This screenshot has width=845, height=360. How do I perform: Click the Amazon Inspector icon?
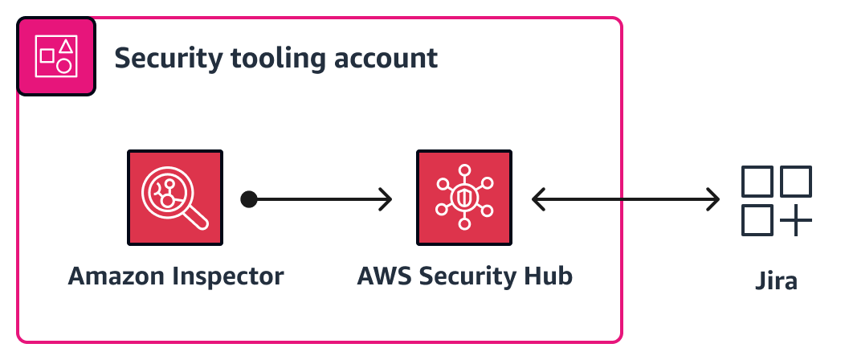click(175, 197)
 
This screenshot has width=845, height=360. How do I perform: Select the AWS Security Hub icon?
click(464, 197)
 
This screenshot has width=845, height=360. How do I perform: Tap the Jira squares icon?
click(776, 201)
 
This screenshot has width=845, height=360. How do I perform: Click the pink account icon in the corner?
click(56, 55)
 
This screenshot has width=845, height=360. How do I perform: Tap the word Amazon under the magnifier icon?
click(115, 276)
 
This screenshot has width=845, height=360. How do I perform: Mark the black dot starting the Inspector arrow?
click(249, 198)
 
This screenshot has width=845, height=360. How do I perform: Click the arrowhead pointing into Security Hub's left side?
click(386, 198)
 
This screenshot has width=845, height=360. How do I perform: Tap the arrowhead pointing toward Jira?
click(712, 198)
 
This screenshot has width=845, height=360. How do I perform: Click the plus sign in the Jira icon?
click(795, 220)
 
